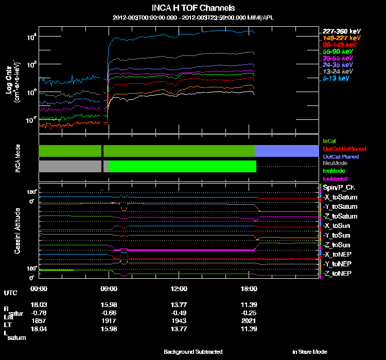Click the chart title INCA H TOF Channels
tap(193, 8)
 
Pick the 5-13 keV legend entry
tap(336, 78)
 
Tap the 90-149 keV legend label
tap(338, 45)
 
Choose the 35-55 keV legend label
tap(338, 58)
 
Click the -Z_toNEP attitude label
tap(338, 273)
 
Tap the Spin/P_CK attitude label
tap(338, 188)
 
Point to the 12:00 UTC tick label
tap(179, 288)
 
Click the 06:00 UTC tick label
tap(109, 288)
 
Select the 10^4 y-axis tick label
tap(31, 37)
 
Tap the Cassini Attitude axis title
tap(17, 231)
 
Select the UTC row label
tap(10, 293)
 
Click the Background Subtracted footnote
tap(193, 352)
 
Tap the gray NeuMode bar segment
tap(69, 166)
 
